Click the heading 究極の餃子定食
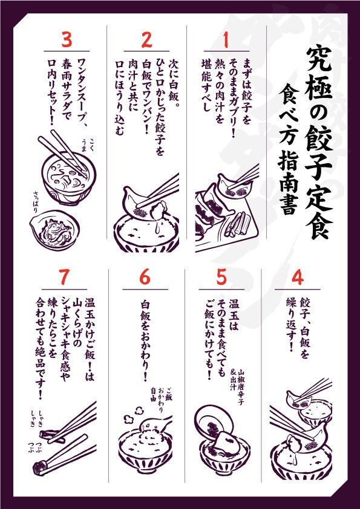319,142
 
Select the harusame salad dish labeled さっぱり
54,230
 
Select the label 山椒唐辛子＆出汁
237,382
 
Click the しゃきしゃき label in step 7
37,417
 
